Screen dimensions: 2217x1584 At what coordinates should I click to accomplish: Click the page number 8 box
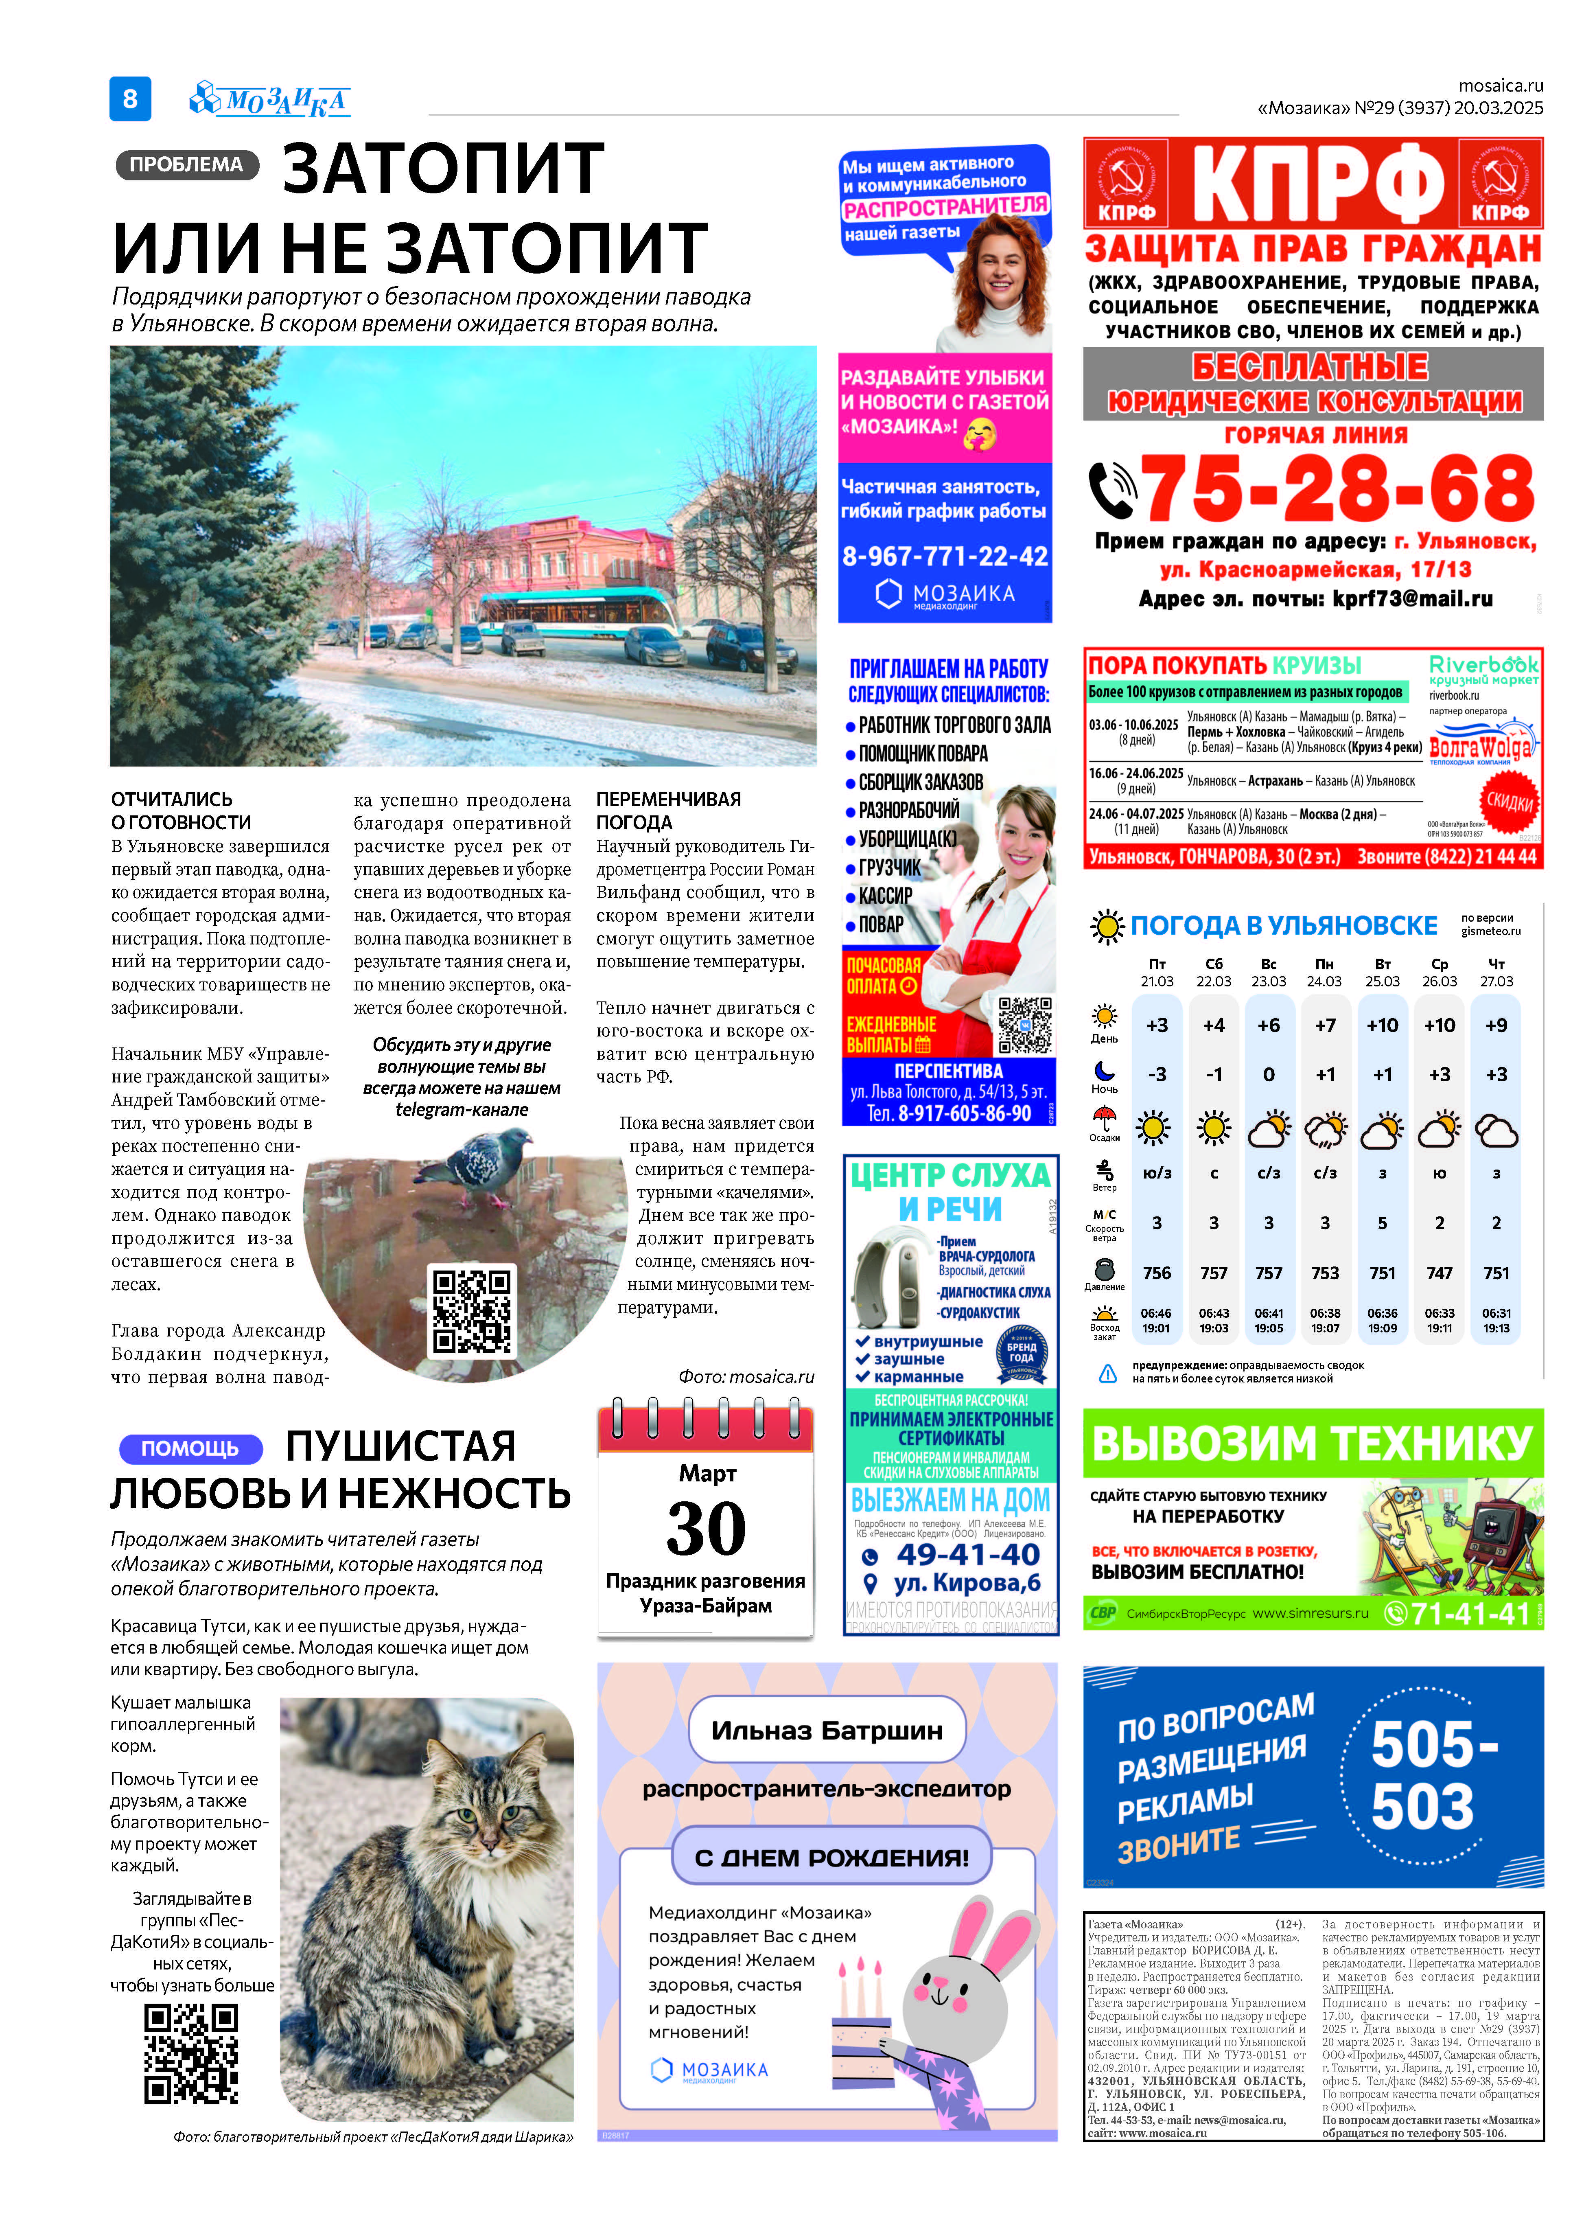pos(130,99)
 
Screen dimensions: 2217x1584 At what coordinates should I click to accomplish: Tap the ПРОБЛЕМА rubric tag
pos(186,165)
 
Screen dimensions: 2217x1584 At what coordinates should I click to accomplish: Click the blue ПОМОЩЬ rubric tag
pos(190,1448)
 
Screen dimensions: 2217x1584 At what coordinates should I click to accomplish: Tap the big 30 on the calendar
pos(706,1528)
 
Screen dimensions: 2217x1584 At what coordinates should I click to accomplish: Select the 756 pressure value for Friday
pos(1157,1273)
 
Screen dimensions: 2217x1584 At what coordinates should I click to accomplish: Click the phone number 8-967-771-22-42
pos(944,556)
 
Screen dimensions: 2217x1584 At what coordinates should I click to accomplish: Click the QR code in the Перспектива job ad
pos(1024,1025)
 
